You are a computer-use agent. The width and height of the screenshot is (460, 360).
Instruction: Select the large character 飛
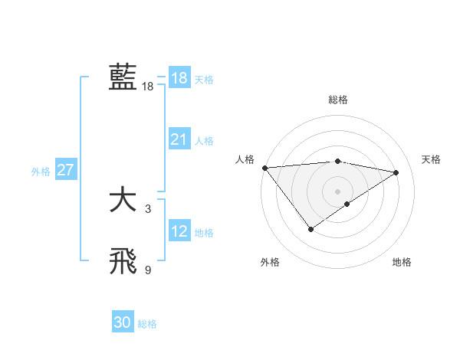coord(123,261)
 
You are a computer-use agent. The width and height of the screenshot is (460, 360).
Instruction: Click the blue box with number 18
coord(179,78)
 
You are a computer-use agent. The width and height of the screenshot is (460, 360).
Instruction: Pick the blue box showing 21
coord(179,139)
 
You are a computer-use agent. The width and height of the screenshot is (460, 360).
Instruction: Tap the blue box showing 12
coord(179,231)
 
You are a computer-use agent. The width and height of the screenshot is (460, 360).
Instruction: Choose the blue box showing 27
coord(65,170)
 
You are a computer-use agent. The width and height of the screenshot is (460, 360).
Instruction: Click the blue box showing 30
coord(123,322)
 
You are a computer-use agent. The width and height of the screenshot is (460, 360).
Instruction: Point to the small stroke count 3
coord(147,208)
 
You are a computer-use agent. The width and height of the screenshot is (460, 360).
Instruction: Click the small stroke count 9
coord(147,270)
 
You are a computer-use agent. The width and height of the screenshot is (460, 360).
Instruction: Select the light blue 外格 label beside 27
coord(41,172)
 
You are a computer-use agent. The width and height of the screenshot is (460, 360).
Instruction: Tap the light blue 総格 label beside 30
coord(147,324)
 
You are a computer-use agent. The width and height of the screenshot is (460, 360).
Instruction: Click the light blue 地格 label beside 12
coord(204,233)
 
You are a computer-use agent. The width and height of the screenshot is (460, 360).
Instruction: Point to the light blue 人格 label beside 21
coord(204,141)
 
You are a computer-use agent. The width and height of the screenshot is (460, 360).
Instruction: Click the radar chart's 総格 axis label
coord(337,100)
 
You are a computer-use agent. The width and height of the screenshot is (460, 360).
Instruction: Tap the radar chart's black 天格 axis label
coord(432,159)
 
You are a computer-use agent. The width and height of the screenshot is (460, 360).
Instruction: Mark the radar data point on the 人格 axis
coord(264,168)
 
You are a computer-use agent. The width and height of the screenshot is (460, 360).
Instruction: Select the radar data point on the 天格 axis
coord(396,172)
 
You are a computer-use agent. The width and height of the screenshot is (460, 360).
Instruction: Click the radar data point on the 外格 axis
coord(310,229)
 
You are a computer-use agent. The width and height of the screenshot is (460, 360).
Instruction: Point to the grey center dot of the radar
coord(337,191)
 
